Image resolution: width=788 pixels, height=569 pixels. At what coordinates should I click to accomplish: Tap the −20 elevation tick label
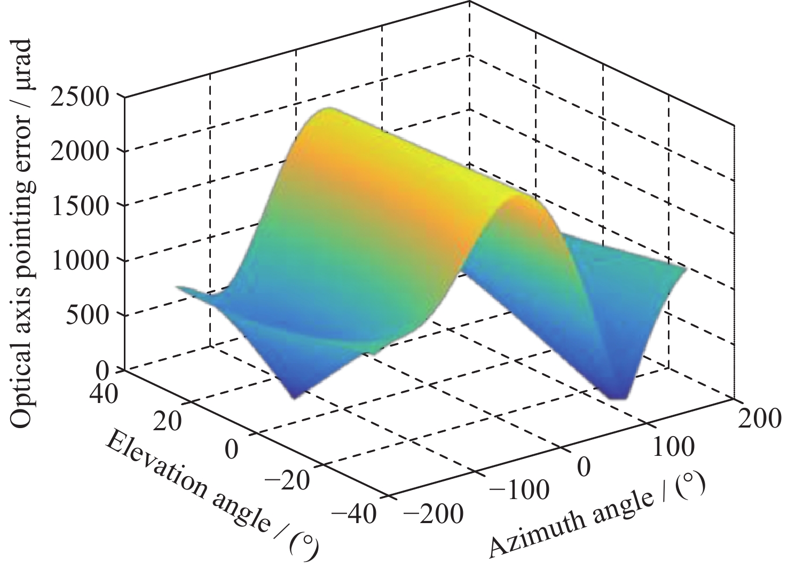pos(287,482)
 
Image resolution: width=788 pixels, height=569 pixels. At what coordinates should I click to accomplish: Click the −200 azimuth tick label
pos(433,515)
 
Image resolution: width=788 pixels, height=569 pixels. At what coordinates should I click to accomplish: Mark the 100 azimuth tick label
pos(673,446)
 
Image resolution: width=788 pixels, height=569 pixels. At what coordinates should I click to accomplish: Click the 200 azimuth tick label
pos(759,418)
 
